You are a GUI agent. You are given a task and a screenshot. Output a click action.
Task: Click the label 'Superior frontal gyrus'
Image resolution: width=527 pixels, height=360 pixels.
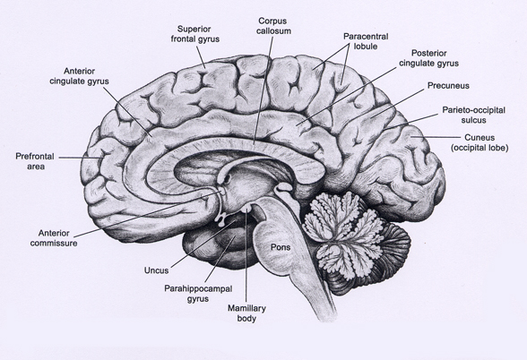[195, 34]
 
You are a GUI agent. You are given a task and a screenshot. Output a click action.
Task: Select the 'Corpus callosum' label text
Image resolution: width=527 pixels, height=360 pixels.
[273, 26]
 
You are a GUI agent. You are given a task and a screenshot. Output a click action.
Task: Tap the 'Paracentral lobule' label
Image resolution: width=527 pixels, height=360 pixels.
[366, 41]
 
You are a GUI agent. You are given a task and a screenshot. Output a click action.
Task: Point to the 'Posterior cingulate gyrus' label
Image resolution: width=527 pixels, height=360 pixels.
[428, 58]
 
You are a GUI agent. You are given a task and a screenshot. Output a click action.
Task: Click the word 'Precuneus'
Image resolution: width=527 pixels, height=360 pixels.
[448, 86]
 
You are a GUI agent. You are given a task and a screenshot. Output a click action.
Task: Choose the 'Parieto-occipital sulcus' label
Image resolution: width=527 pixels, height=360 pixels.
[473, 115]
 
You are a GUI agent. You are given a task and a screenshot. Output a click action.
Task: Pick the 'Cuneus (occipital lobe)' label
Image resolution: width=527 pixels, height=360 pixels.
[479, 142]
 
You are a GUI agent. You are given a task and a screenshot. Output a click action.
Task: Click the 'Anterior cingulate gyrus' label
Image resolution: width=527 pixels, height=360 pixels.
[79, 76]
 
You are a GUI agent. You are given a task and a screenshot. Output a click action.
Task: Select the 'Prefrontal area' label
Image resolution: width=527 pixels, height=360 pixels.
[35, 161]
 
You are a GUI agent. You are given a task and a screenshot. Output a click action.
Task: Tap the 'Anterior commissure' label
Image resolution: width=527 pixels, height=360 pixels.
[54, 238]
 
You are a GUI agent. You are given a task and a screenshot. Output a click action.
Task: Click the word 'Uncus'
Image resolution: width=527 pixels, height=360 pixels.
[156, 270]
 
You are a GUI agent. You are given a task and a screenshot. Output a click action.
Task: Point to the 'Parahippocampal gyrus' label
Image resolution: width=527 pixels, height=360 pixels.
[198, 294]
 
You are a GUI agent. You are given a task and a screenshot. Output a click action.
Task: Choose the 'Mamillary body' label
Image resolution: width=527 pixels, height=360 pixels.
[246, 313]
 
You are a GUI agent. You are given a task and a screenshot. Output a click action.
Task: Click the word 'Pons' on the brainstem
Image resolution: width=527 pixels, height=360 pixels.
[281, 247]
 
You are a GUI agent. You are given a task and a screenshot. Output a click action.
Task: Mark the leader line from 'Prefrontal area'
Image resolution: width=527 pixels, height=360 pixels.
[81, 158]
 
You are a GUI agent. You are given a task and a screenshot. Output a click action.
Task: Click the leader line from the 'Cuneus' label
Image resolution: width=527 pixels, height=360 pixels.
[436, 137]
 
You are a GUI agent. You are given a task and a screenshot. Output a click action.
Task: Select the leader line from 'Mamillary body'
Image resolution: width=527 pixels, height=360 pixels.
[246, 256]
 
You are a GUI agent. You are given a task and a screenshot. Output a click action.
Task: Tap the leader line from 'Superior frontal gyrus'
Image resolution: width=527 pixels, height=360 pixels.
[201, 57]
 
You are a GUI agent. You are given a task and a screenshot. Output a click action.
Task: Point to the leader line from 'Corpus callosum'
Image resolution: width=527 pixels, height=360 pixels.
[263, 91]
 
